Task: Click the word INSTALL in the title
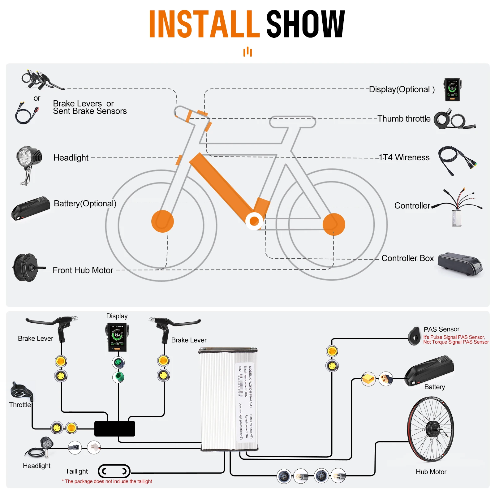tap(204, 24)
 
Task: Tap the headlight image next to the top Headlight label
tap(28, 161)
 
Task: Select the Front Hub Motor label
tap(83, 270)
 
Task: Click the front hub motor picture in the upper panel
tap(26, 268)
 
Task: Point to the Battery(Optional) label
tap(85, 204)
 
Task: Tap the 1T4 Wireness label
tap(404, 157)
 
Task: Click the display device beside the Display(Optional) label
tap(452, 90)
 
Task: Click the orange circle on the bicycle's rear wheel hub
tap(334, 224)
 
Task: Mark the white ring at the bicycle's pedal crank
tap(254, 221)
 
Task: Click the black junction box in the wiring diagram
tap(114, 428)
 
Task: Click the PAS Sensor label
tap(441, 329)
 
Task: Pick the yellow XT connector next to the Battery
tap(368, 379)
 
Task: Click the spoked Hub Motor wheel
tap(431, 429)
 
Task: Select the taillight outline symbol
tap(114, 471)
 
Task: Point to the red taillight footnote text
tap(107, 481)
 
